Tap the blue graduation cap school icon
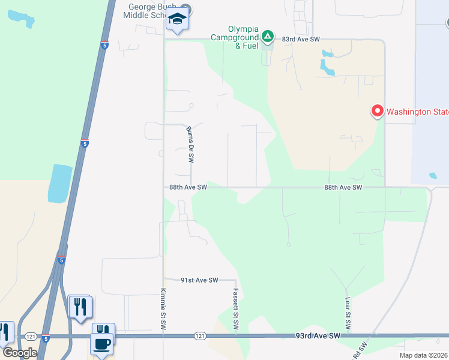coord(178,19)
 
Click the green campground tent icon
coord(268,37)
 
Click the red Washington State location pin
coord(378,111)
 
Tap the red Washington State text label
coord(417,112)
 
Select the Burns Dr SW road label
coord(190,145)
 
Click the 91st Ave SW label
coord(199,280)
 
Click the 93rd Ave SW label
coord(318,335)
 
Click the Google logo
coord(20,353)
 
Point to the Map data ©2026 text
coord(423,355)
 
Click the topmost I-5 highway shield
coord(104,44)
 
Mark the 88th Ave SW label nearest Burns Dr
coord(188,187)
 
